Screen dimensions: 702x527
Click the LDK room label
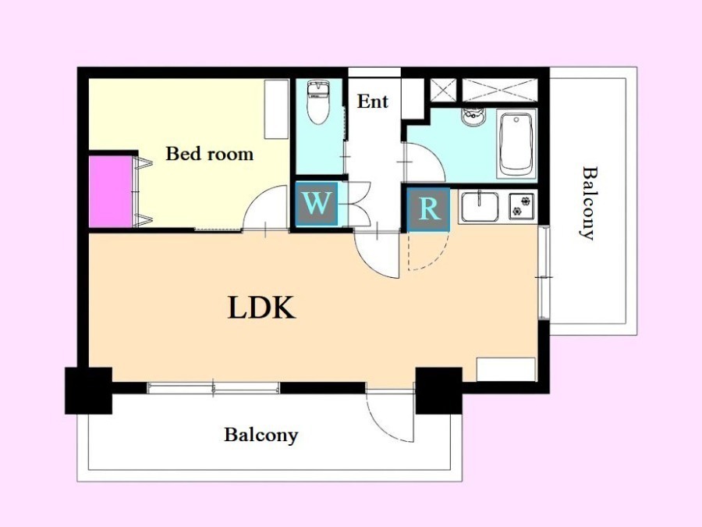(261, 308)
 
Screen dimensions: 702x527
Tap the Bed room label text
(210, 154)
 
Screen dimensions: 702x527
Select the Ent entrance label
(373, 101)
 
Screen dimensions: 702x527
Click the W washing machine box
(317, 204)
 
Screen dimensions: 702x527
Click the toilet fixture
(318, 102)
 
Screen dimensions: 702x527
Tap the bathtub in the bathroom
(516, 144)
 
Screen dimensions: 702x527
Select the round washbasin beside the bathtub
(473, 117)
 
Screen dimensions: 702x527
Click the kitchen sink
(480, 207)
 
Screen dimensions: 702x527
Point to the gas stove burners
(522, 206)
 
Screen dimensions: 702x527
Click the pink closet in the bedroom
(111, 191)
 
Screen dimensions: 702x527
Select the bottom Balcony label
(261, 435)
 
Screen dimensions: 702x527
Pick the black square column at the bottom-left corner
(89, 390)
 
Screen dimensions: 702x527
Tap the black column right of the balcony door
(438, 390)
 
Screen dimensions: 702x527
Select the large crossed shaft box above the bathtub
(500, 90)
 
